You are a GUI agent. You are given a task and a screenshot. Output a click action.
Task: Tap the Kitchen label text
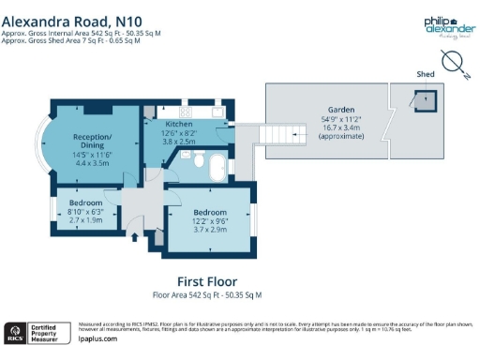coord(179,124)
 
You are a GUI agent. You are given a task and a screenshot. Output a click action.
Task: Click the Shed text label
coord(426,71)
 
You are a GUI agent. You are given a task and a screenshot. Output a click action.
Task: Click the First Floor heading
coord(207,281)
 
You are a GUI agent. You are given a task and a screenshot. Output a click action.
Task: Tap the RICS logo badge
coord(16,333)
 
